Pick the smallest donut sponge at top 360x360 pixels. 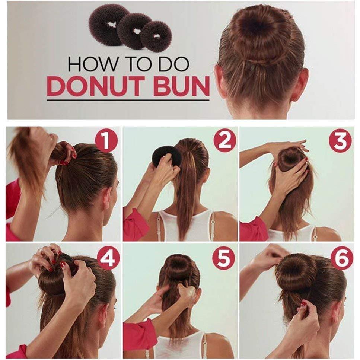pos(156,36)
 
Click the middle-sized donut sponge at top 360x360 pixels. pos(135,31)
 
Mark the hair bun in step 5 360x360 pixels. pos(178,267)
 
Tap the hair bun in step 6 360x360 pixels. pos(296,272)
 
